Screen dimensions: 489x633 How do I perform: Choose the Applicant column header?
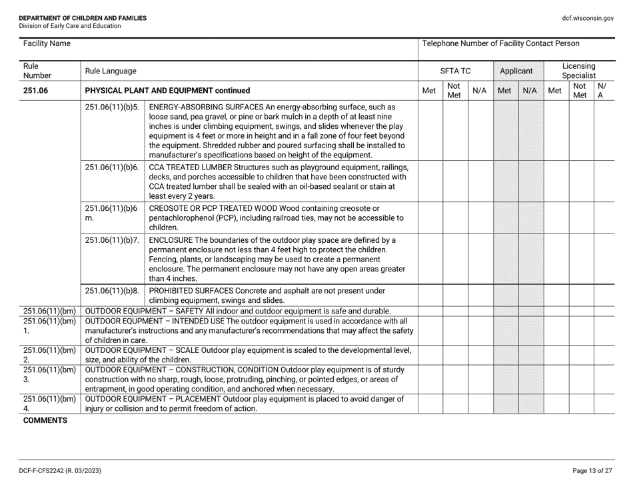coord(518,70)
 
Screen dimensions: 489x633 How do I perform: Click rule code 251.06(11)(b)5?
coord(111,106)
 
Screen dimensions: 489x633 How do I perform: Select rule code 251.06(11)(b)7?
coord(111,239)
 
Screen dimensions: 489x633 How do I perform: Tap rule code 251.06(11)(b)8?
coord(111,290)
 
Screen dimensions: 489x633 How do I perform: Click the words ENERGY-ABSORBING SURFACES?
coord(206,106)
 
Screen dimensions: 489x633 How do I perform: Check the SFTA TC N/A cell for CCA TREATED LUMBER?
coord(480,181)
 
